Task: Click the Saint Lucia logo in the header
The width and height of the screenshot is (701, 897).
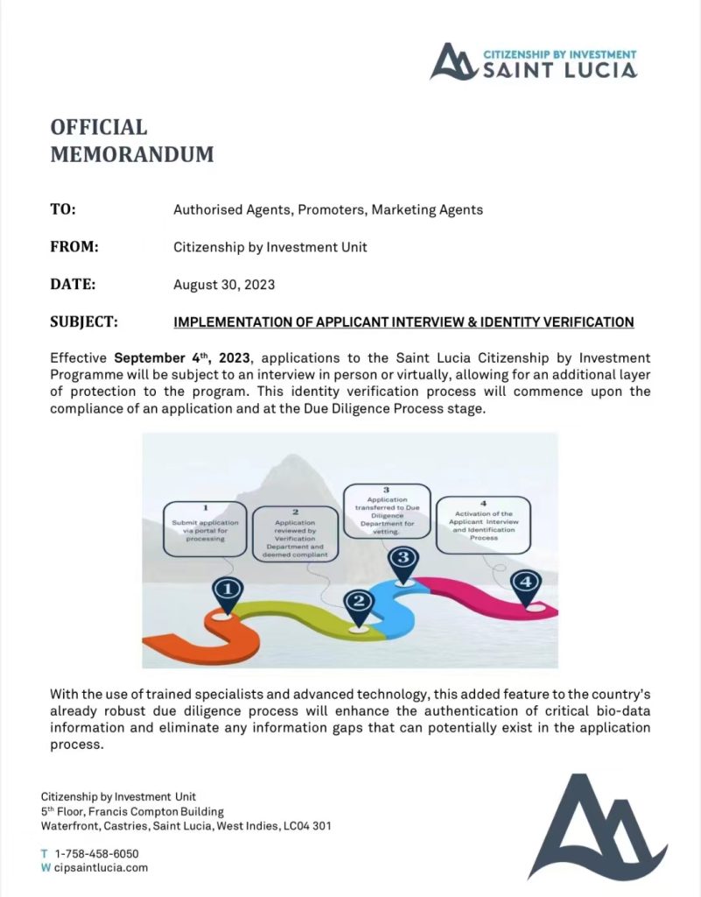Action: click(x=533, y=61)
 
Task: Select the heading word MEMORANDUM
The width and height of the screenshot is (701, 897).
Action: click(x=131, y=155)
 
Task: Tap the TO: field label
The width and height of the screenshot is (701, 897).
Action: click(x=63, y=209)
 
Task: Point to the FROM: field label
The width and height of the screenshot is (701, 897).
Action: click(x=74, y=247)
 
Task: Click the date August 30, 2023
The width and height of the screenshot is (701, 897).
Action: click(x=224, y=285)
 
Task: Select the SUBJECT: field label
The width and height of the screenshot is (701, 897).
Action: click(x=83, y=321)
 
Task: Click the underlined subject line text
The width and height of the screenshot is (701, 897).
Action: click(x=403, y=322)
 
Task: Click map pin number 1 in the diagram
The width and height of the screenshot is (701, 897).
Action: click(x=227, y=591)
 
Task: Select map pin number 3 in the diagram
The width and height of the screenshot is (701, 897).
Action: click(x=403, y=559)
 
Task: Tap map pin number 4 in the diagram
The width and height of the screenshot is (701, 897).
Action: click(x=525, y=583)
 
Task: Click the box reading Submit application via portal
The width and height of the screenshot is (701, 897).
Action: click(x=205, y=528)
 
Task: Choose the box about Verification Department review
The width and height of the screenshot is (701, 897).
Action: click(x=296, y=533)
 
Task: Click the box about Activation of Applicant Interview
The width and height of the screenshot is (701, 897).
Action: click(x=483, y=526)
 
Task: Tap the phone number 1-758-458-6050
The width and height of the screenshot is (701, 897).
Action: click(x=96, y=853)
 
